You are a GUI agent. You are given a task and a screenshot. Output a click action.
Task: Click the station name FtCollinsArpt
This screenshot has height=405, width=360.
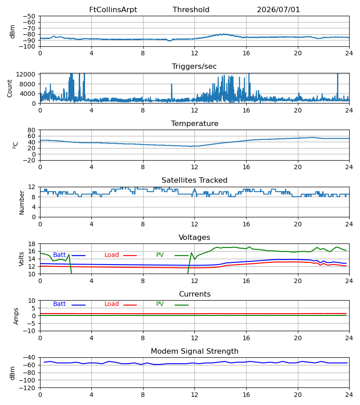coord(113,10)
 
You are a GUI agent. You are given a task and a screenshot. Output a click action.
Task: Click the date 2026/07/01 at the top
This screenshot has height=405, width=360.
coord(278,10)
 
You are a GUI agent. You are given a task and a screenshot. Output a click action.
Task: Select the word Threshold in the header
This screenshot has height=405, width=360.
coord(191,10)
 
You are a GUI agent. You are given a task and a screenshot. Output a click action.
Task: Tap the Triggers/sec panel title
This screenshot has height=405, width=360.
coord(194,67)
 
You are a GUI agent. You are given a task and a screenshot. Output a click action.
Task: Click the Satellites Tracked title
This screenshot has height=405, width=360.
coord(194,180)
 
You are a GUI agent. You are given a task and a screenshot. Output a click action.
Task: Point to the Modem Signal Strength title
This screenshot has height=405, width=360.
coord(194,351)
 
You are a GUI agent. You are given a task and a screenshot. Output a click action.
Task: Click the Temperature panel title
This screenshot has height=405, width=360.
coord(194,123)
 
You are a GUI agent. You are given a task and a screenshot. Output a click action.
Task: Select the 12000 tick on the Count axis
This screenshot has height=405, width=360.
coord(26,74)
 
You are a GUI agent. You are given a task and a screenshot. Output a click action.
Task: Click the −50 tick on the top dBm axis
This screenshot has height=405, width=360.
coord(29,16)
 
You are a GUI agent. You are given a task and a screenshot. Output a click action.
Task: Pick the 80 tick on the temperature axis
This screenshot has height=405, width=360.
coord(31,130)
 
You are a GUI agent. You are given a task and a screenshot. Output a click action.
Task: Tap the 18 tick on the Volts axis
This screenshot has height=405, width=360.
coord(31,244)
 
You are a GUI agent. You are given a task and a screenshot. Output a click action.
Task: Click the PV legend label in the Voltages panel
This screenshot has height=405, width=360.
coord(160,255)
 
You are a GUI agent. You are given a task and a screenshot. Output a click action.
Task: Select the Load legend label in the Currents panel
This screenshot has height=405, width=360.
coord(112,304)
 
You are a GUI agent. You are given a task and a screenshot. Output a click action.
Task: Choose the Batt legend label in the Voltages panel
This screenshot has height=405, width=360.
coord(59,255)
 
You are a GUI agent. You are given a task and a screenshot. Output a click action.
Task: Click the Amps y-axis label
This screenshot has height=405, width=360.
coord(16,316)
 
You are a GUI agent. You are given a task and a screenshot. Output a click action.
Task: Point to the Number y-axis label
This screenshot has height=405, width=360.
coord(22,203)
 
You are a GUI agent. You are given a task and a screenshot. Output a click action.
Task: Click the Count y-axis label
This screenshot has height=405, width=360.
coord(9,88)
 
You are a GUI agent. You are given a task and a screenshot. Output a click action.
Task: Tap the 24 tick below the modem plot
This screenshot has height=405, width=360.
coord(349,395)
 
